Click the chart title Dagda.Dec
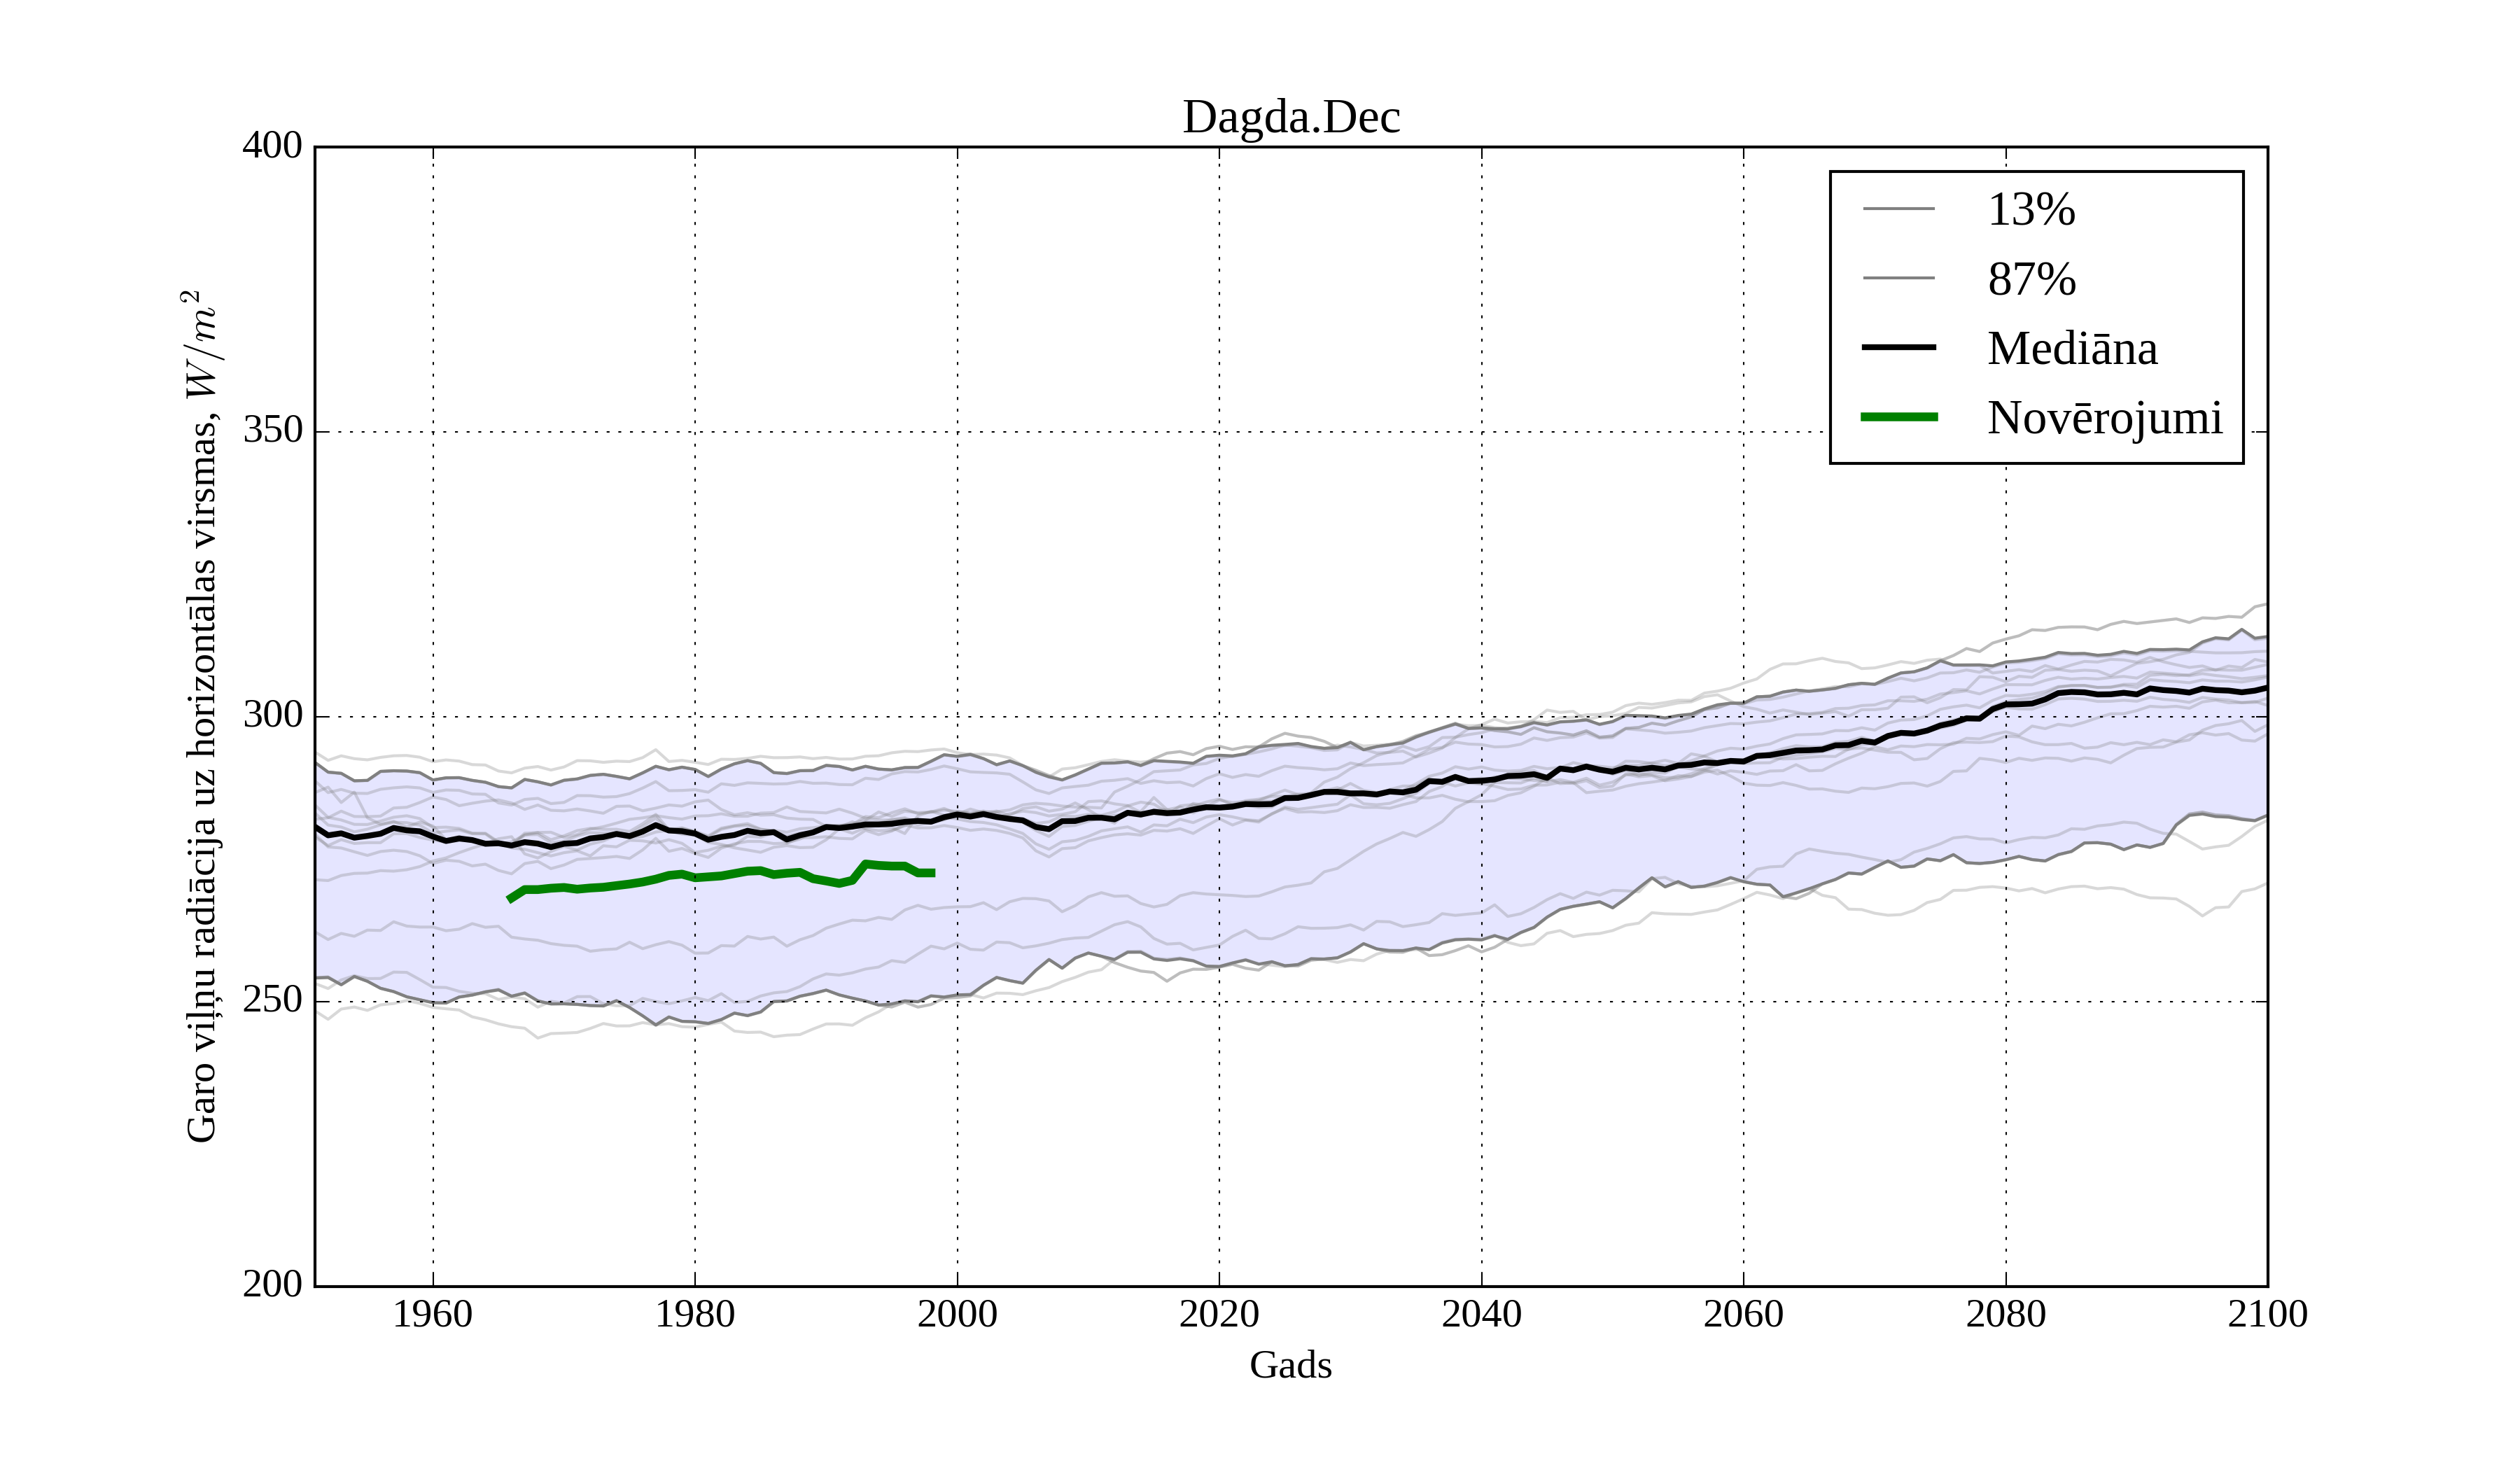1291,118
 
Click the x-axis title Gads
1290,1364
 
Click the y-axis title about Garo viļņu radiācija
201,716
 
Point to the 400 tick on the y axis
272,147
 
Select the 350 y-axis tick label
272,431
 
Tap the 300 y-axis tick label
272,716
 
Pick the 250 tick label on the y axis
272,1000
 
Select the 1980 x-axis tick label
695,1314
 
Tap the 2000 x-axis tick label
957,1314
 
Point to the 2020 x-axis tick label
1219,1314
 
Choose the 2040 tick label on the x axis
1481,1314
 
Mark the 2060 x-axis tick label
1743,1314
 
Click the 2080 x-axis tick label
2005,1314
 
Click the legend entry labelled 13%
2031,210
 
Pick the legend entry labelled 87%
2031,279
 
